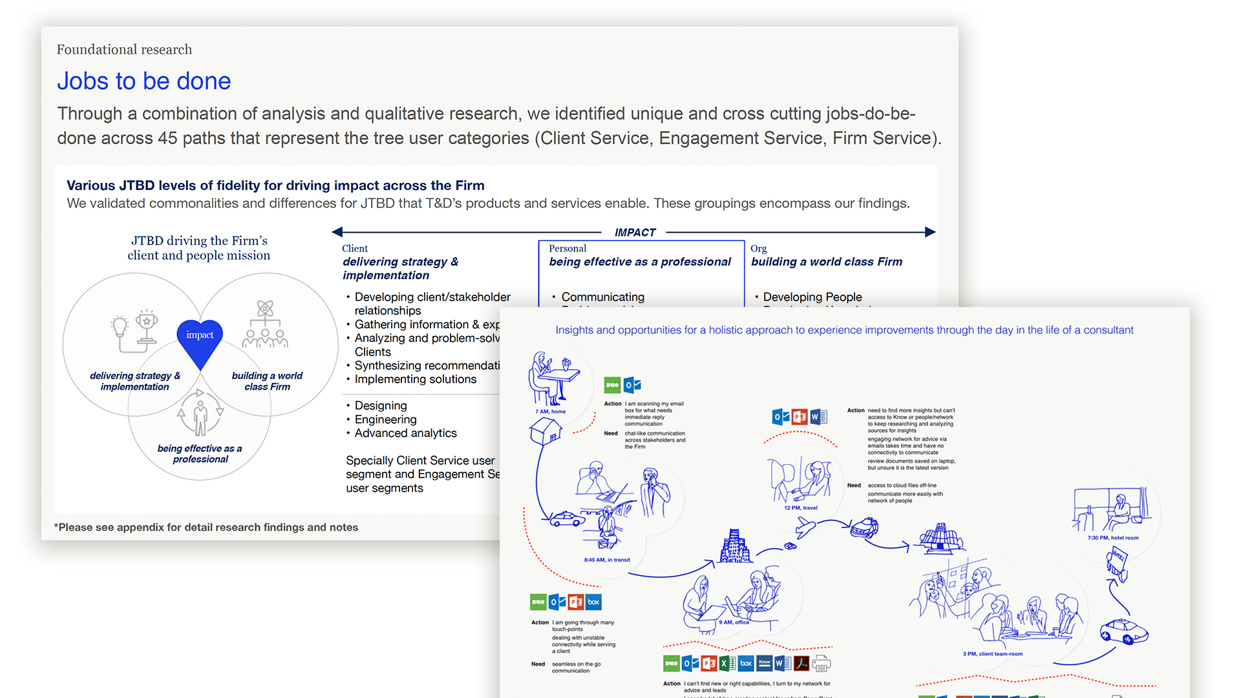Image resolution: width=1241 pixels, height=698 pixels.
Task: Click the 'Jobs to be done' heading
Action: point(143,81)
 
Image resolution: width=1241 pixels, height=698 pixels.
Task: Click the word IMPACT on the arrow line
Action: point(635,233)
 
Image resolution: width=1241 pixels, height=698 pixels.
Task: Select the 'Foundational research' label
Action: point(124,50)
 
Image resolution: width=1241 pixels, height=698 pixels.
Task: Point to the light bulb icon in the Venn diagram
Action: point(120,327)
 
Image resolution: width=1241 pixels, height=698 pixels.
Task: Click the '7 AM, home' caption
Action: point(550,412)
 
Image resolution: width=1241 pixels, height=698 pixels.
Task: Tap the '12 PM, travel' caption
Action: point(800,508)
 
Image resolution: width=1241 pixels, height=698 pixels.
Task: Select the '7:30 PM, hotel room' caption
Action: point(1113,538)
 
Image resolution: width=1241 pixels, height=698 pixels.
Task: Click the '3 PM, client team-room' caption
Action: point(992,654)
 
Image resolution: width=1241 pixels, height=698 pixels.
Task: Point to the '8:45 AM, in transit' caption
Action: point(607,560)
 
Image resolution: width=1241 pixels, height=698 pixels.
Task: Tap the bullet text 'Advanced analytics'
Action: point(405,433)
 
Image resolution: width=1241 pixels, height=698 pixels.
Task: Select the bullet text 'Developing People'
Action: point(812,297)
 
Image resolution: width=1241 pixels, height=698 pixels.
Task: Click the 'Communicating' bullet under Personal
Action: point(602,297)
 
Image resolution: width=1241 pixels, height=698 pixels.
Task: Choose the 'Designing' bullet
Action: point(381,406)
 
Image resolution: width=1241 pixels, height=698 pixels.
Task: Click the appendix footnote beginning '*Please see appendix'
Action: point(206,527)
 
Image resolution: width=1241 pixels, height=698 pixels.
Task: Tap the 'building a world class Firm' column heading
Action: point(827,262)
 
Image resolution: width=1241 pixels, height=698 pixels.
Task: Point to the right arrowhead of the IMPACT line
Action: point(930,232)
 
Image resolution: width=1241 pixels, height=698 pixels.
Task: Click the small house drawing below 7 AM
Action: point(546,430)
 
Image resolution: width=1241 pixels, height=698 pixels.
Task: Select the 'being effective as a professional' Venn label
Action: point(200,454)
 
